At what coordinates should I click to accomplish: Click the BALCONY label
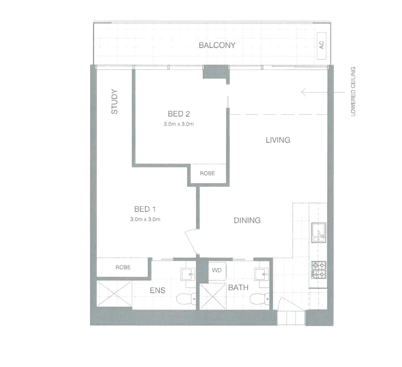click(x=217, y=45)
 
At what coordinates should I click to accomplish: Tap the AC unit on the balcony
click(x=322, y=45)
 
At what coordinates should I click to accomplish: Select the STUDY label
click(x=115, y=102)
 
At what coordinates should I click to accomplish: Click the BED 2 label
click(x=179, y=114)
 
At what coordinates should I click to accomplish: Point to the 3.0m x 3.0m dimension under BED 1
click(x=145, y=220)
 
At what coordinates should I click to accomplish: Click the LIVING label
click(x=278, y=140)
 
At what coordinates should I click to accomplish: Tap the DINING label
click(x=247, y=220)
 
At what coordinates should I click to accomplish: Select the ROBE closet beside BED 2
click(x=207, y=173)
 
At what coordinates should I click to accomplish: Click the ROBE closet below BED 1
click(x=123, y=267)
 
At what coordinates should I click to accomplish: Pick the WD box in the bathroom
click(x=217, y=270)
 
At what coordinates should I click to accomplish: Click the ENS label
click(x=158, y=291)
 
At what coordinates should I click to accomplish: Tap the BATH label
click(x=238, y=288)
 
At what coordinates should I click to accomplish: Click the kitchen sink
click(x=319, y=232)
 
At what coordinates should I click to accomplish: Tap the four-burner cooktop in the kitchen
click(x=319, y=269)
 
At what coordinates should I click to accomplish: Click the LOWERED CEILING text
click(x=353, y=92)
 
